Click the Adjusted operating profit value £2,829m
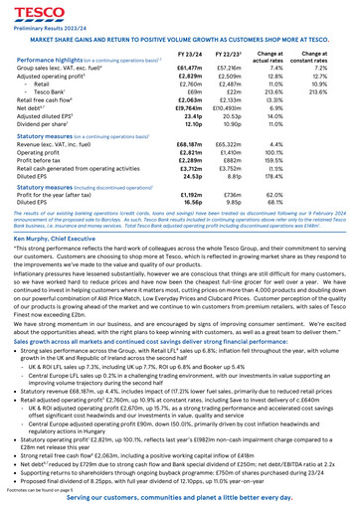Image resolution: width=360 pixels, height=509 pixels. click(191, 78)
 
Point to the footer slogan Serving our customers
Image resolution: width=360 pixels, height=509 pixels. click(180, 499)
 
